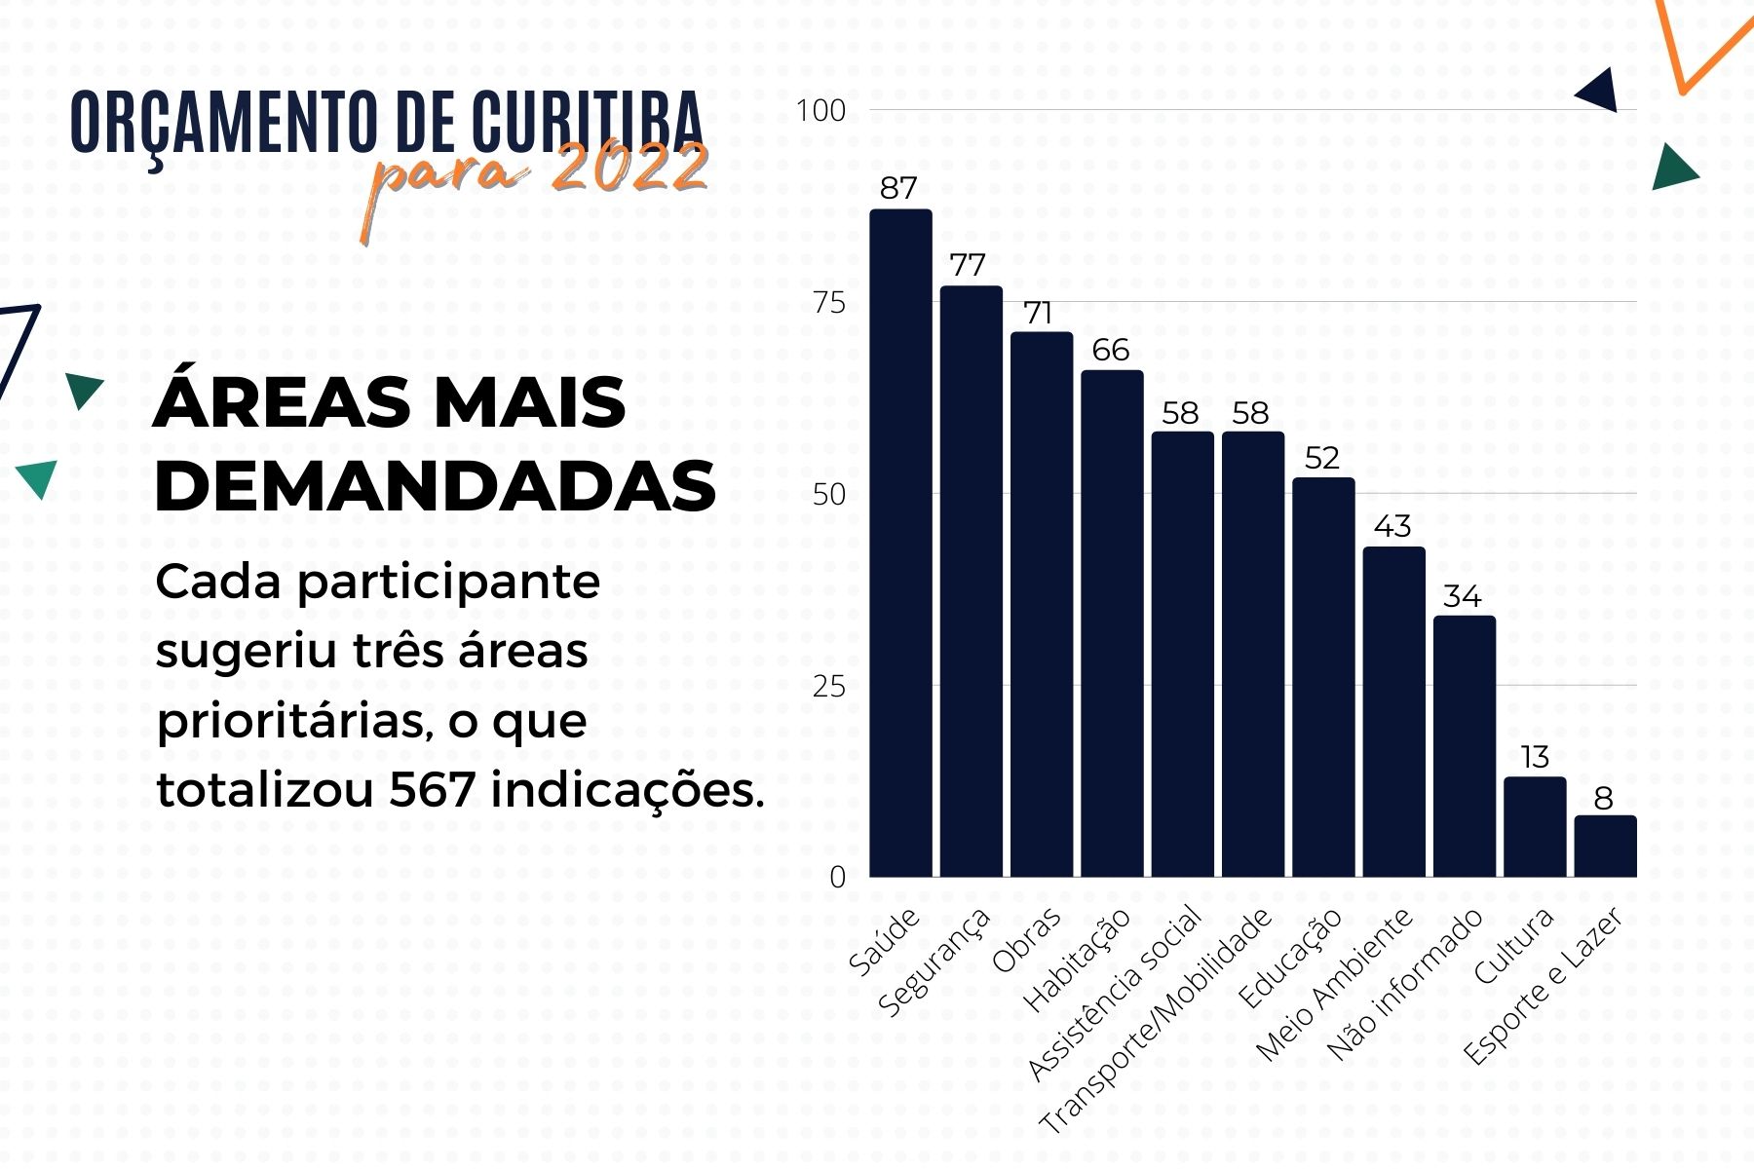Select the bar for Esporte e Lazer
[x=1605, y=847]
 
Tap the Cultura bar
[x=1535, y=827]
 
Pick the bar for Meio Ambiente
[x=1393, y=712]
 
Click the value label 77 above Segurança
[x=968, y=265]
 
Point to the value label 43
[x=1392, y=527]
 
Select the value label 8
[x=1603, y=799]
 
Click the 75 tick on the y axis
[x=829, y=302]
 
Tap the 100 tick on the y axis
[x=820, y=111]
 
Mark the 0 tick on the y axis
[x=837, y=877]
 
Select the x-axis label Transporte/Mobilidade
[x=1158, y=1020]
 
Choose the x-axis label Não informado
[x=1405, y=984]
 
